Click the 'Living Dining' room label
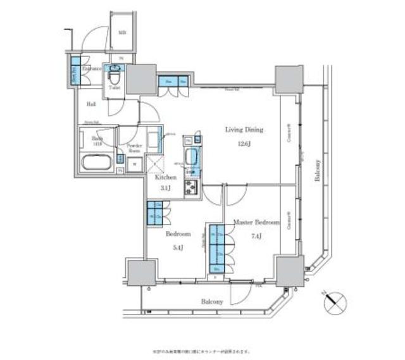click(x=244, y=130)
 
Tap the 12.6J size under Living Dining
click(x=244, y=144)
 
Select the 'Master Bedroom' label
click(x=256, y=222)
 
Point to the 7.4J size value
click(x=256, y=237)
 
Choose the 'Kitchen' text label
click(x=165, y=178)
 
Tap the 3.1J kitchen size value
click(x=165, y=188)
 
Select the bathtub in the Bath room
click(x=97, y=162)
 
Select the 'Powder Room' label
click(x=134, y=148)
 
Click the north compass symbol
click(x=335, y=303)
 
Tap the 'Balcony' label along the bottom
click(x=212, y=302)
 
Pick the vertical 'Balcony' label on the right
click(x=316, y=171)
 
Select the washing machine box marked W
click(x=134, y=164)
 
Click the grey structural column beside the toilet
click(x=140, y=78)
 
